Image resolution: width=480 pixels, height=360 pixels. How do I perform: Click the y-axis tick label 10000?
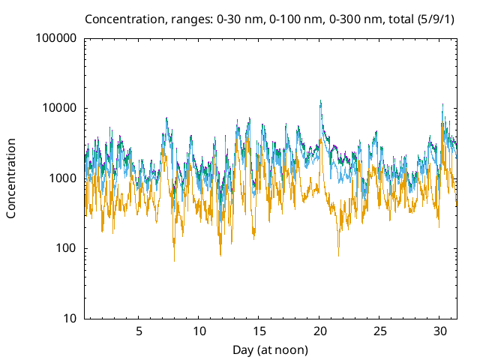pyautogui.click(x=59, y=108)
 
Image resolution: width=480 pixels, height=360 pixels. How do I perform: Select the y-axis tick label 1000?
pyautogui.click(x=62, y=178)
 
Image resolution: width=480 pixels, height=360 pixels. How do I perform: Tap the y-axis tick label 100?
pyautogui.click(x=66, y=248)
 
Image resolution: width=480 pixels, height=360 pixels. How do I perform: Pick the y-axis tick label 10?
pyautogui.click(x=69, y=319)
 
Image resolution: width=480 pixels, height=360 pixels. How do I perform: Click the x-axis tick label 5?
pyautogui.click(x=139, y=331)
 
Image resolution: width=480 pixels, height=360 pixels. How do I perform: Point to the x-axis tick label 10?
pyautogui.click(x=199, y=331)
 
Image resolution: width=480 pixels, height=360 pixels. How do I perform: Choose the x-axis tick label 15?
pyautogui.click(x=259, y=331)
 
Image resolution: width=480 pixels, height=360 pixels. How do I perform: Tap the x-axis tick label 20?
pyautogui.click(x=320, y=331)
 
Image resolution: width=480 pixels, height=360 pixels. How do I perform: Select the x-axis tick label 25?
pyautogui.click(x=380, y=331)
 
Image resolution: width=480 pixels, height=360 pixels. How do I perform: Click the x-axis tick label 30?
pyautogui.click(x=441, y=331)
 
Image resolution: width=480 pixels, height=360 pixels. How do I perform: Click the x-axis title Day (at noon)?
pyautogui.click(x=271, y=349)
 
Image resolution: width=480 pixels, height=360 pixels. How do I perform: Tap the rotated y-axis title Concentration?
pyautogui.click(x=11, y=178)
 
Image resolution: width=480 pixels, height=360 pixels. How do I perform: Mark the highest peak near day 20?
pyautogui.click(x=320, y=101)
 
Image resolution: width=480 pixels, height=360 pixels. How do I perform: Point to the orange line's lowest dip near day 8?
pyautogui.click(x=174, y=260)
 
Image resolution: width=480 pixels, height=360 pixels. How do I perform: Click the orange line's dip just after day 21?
pyautogui.click(x=338, y=255)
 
